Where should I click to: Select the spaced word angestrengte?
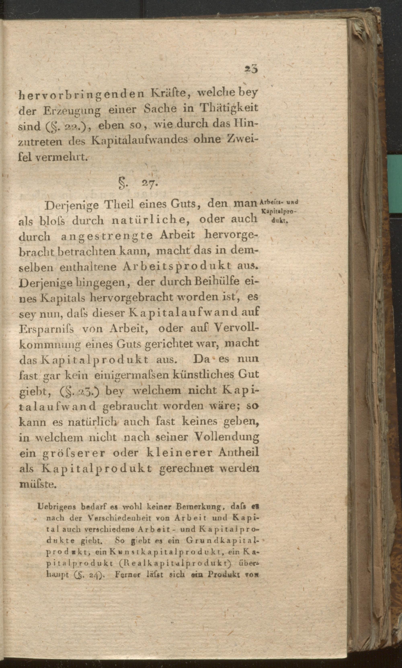tap(107, 236)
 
